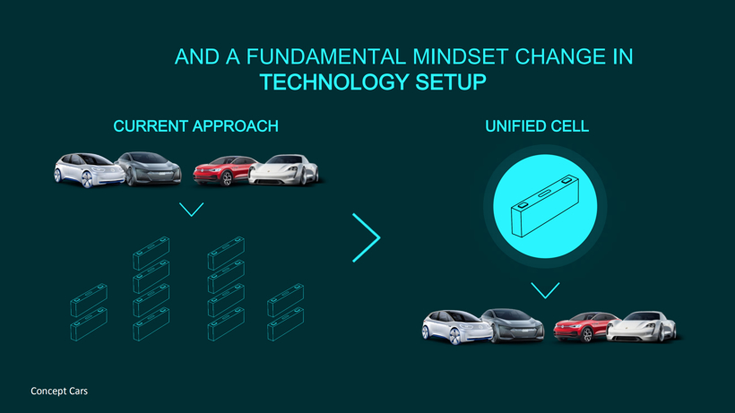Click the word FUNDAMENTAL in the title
(325, 56)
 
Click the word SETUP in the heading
(451, 82)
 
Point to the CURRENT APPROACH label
(196, 126)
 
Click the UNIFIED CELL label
(537, 126)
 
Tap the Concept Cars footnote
(59, 391)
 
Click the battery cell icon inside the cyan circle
(545, 206)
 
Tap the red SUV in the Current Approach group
(224, 171)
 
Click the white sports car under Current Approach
(284, 170)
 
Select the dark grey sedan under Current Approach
(149, 168)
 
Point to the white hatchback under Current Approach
(89, 170)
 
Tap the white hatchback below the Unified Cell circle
(457, 327)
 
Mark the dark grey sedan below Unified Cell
(514, 325)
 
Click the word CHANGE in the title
(560, 56)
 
